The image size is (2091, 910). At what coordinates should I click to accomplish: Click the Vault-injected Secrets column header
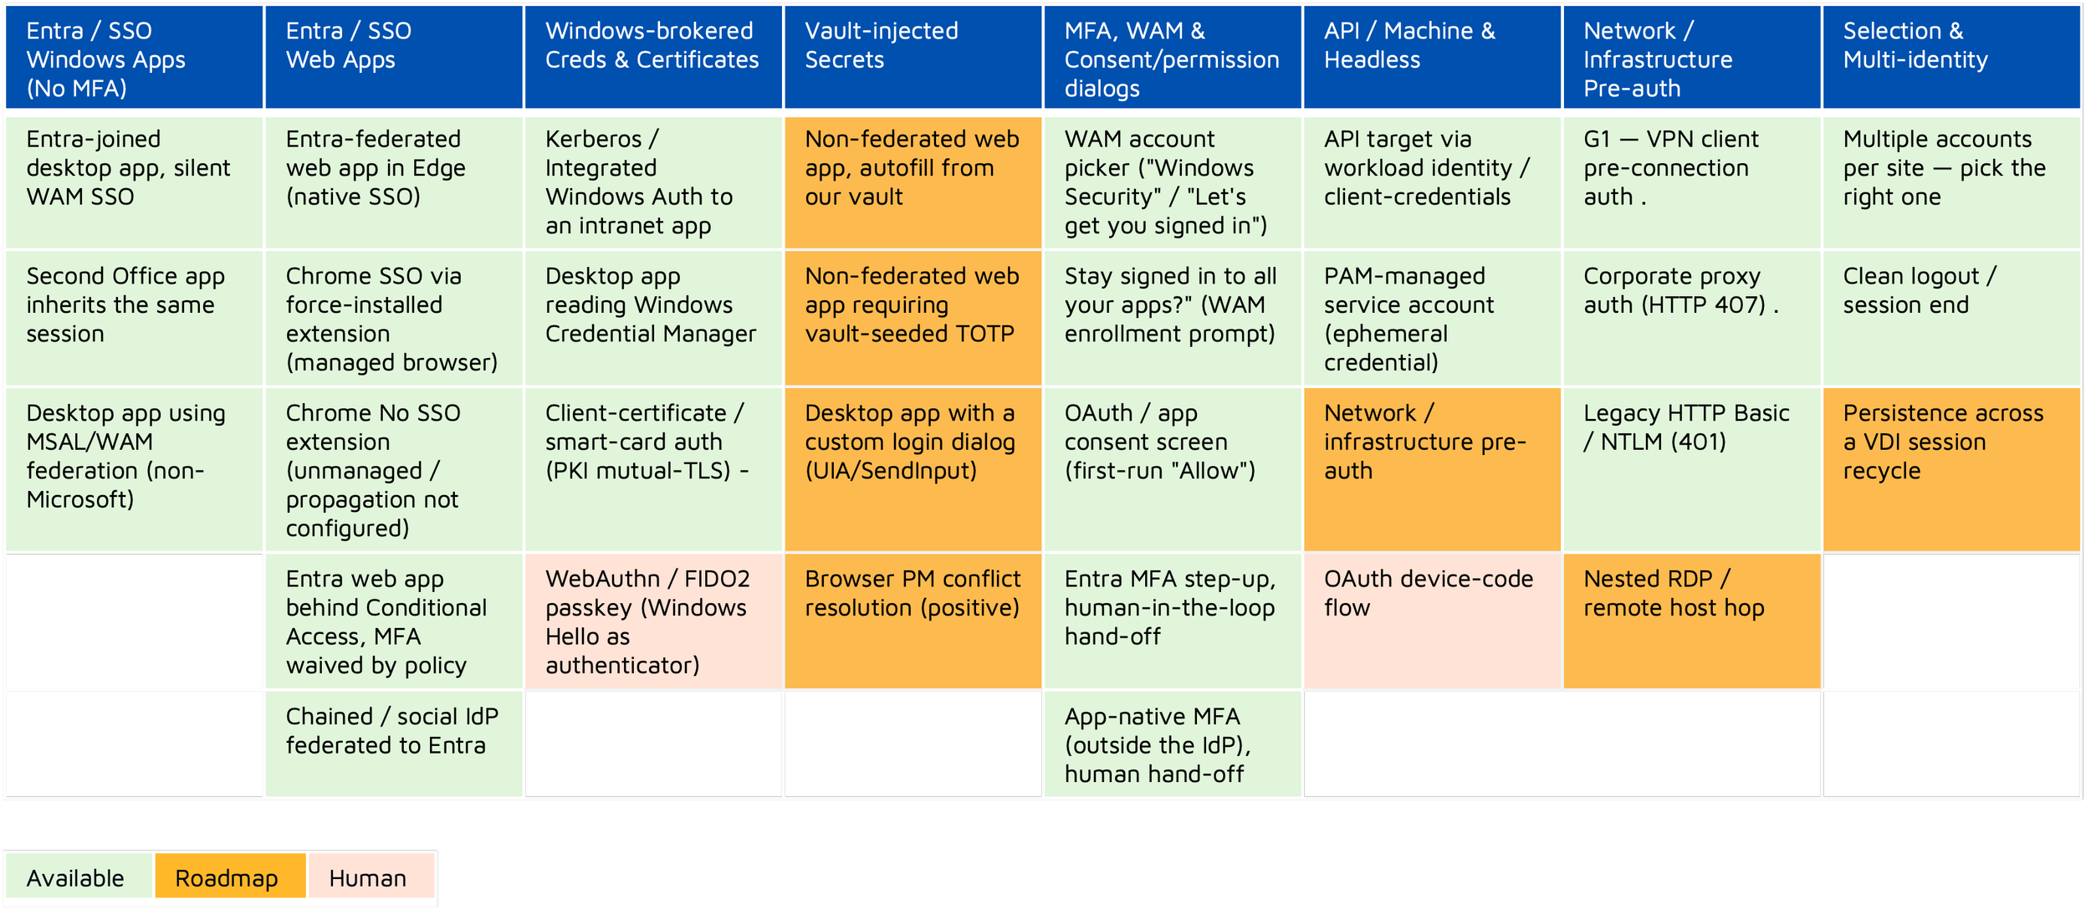pos(913,57)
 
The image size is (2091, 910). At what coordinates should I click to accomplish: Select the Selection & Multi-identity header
pos(1951,57)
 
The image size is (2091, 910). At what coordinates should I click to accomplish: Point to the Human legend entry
pos(371,877)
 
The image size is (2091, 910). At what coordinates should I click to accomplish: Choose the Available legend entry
pos(79,877)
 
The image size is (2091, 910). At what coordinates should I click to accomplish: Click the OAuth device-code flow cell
pos(1432,621)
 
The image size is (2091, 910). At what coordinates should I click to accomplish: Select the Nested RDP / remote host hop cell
pos(1691,621)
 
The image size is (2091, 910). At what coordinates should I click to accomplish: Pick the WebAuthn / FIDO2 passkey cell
pos(653,621)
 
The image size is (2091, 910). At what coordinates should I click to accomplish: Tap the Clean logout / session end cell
pos(1951,318)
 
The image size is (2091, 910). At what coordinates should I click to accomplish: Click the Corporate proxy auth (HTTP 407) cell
pos(1691,318)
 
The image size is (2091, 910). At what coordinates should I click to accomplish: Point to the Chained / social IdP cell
pos(394,744)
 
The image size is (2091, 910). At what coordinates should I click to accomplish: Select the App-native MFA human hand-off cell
pos(1173,744)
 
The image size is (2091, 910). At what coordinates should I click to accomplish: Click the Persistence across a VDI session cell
pos(1951,469)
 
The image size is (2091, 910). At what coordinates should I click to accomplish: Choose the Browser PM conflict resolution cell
pos(913,621)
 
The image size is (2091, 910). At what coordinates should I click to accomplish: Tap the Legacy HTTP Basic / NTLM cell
pos(1691,469)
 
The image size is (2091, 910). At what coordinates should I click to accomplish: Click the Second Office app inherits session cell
pos(134,318)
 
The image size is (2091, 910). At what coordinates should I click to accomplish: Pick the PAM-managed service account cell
pos(1432,318)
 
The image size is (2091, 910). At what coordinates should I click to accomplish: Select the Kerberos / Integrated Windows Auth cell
pos(653,182)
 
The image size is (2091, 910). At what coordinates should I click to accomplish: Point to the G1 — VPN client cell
pos(1691,182)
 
